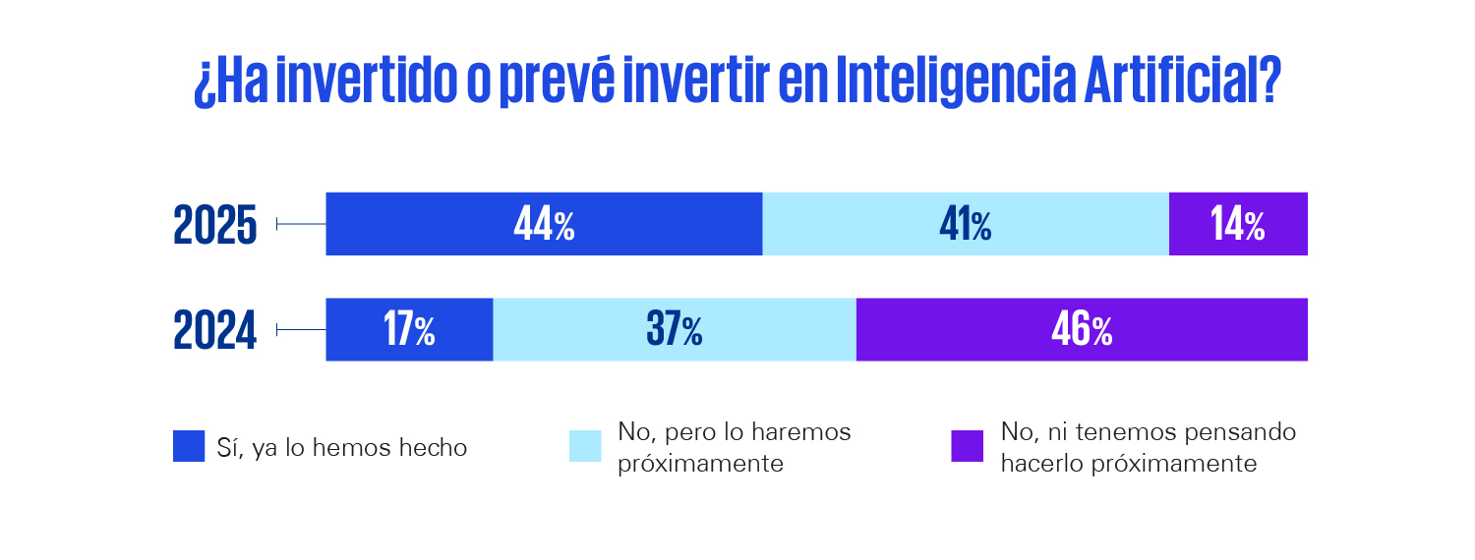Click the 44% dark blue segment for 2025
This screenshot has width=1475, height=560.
(544, 224)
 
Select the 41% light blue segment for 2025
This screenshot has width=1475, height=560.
(966, 224)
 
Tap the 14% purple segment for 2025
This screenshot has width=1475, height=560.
(1238, 224)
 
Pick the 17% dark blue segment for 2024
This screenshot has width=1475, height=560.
(409, 329)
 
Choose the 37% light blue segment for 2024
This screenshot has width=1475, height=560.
(675, 329)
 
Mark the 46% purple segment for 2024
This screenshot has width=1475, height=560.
(1082, 329)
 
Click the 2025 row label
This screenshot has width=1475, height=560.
(215, 225)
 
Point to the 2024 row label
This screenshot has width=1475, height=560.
(215, 330)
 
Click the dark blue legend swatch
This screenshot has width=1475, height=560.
(189, 446)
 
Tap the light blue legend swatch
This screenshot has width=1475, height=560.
(585, 446)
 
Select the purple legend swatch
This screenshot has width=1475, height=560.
(968, 446)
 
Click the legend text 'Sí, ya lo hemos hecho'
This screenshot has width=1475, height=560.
(342, 448)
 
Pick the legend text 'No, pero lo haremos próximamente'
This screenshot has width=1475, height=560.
(734, 447)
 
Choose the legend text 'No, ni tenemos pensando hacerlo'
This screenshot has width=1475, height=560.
(1148, 447)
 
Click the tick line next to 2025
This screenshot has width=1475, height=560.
(301, 225)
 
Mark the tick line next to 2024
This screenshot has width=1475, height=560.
(301, 330)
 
